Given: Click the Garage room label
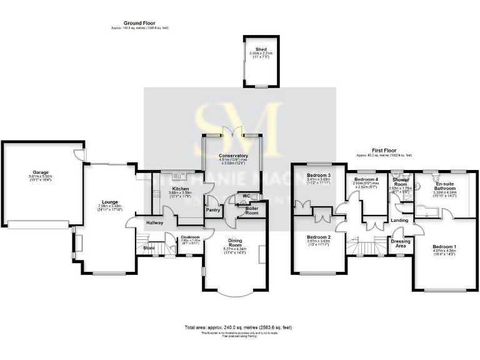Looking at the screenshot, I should [41, 172].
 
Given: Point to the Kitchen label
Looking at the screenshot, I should [181, 189].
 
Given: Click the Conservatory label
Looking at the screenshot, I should [233, 156].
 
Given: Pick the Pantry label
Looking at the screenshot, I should [212, 210].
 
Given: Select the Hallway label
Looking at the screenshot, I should [154, 222].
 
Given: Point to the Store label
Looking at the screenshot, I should [148, 248].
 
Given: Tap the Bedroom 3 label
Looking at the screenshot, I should [318, 175].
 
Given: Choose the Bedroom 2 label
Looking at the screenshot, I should [318, 237].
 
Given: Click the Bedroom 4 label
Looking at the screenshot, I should [367, 179].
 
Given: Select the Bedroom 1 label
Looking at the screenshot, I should [444, 247].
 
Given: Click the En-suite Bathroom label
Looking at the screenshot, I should [445, 185].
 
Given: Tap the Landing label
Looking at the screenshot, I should [399, 220].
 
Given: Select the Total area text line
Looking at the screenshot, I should [237, 327].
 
